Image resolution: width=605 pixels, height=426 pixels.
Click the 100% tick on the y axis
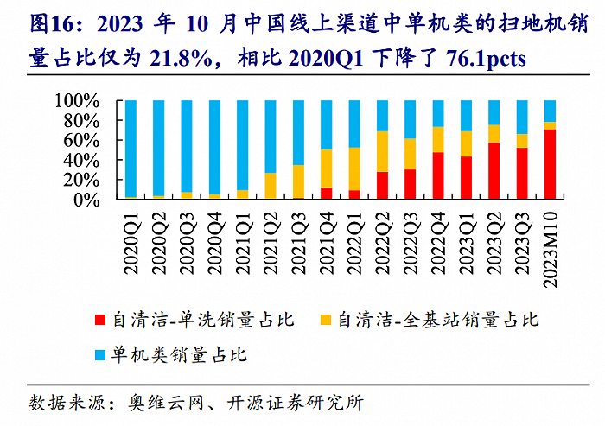coord(81,101)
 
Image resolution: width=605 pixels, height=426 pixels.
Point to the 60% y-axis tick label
coord(86,140)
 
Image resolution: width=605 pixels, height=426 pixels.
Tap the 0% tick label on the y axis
coord(91,200)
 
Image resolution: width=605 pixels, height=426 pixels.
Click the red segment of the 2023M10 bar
coord(550,164)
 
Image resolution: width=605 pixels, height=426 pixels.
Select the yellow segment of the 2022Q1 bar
coord(354,169)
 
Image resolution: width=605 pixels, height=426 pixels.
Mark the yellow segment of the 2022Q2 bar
coord(382,151)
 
